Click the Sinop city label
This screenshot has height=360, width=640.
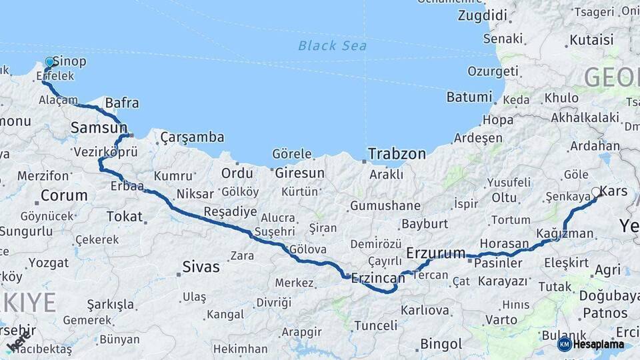coord(69,61)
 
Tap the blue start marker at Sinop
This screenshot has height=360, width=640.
coord(49,62)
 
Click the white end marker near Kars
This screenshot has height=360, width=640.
coord(596,193)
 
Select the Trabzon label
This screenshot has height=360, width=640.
coord(397,153)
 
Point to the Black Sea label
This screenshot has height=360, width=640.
coord(332,45)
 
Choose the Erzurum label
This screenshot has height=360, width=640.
coord(436,253)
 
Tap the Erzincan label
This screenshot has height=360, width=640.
coord(378,277)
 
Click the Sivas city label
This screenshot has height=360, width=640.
coord(201,267)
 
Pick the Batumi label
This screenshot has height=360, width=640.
coord(469,97)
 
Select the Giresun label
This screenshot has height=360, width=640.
coord(299,173)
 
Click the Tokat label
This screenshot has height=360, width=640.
coord(125,216)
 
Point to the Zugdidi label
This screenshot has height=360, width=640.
coord(483,15)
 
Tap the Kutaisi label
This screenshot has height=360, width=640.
coord(591,41)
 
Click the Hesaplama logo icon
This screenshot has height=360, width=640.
coord(565,344)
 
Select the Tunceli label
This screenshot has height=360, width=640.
coord(375,325)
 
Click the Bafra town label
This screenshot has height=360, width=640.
coord(122,103)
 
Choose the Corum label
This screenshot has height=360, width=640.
coord(64,195)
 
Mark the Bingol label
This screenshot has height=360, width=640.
coord(441,344)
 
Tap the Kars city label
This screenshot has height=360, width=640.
coord(614,191)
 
